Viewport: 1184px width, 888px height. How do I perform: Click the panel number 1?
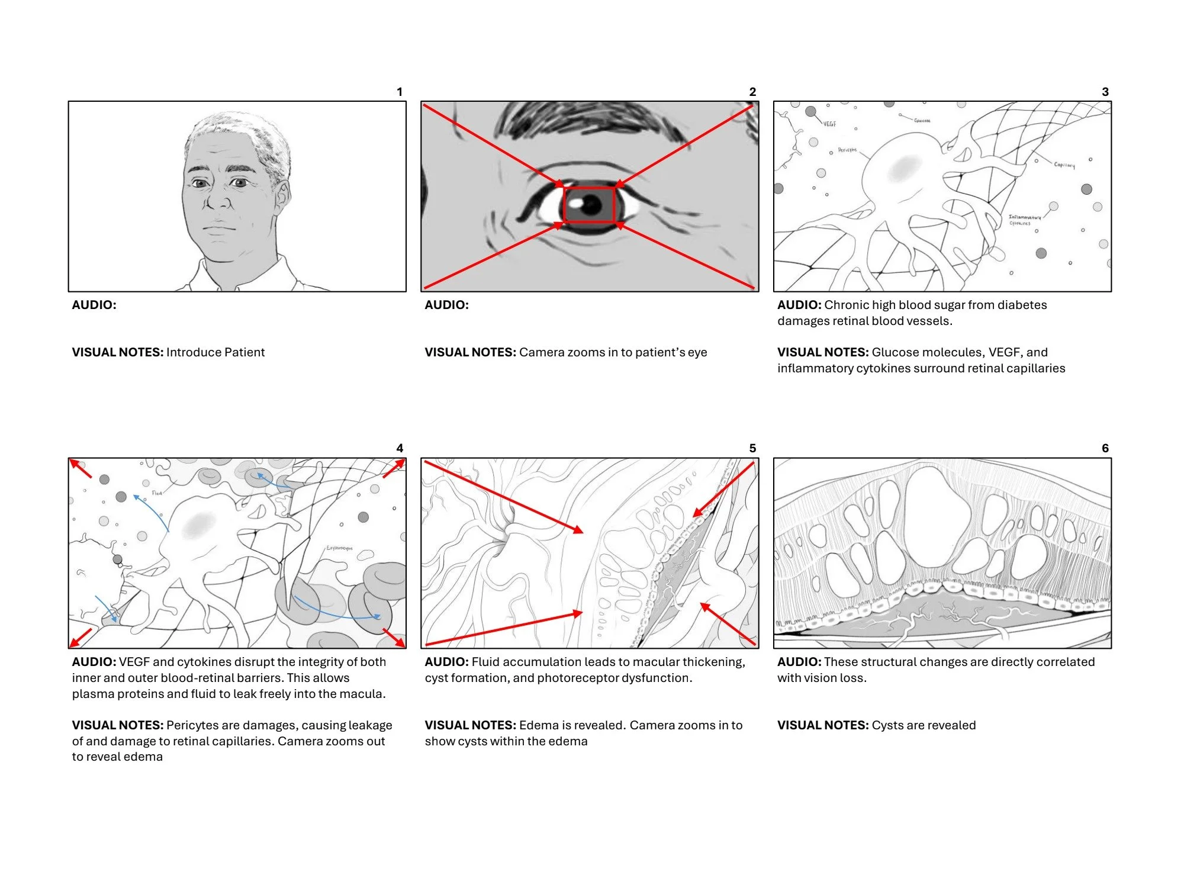(400, 92)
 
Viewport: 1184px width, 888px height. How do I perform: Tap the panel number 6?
(1105, 448)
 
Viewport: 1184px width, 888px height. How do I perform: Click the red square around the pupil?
(589, 205)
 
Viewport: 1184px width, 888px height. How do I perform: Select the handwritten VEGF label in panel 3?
(829, 124)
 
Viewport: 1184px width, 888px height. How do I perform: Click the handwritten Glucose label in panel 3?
(922, 121)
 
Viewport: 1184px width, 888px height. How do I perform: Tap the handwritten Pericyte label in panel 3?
(847, 150)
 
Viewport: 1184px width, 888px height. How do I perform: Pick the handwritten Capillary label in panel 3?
(1064, 165)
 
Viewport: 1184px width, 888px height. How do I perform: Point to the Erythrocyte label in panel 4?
(339, 548)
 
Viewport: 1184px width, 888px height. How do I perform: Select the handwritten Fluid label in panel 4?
(157, 493)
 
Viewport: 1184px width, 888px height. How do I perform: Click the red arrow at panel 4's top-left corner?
(81, 468)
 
